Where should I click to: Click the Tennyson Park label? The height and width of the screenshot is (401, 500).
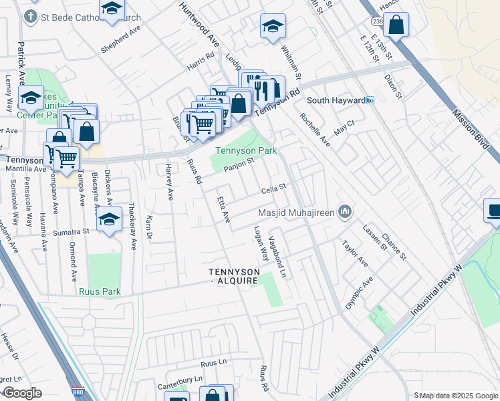(246, 151)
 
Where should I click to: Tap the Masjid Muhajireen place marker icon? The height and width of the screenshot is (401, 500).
(345, 213)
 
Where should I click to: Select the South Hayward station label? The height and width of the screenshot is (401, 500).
(336, 100)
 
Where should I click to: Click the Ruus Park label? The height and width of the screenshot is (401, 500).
(99, 291)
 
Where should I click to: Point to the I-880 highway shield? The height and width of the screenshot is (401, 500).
(76, 392)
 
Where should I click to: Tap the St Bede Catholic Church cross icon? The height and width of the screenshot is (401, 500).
(29, 15)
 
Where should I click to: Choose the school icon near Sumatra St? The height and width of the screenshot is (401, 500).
(109, 219)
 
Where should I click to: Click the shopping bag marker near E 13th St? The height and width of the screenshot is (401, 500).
(396, 25)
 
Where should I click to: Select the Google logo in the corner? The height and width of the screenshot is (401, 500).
(21, 393)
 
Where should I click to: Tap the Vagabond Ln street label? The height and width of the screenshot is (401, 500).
(277, 257)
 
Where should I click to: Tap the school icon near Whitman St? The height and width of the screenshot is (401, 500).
(272, 27)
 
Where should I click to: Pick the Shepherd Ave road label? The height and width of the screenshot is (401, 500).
(121, 40)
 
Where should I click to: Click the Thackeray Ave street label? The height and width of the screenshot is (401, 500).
(132, 226)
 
